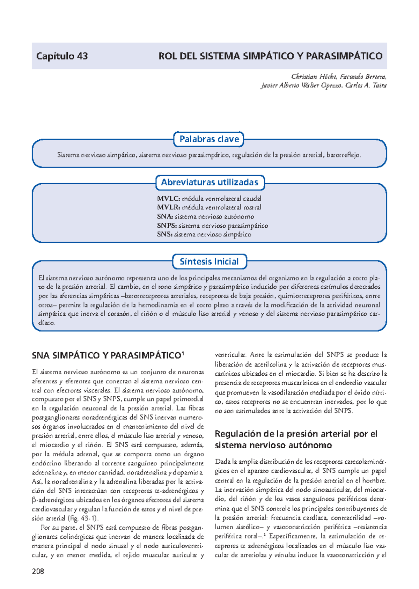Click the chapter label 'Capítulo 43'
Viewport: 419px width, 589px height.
click(62, 56)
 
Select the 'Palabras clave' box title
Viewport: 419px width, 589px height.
click(209, 139)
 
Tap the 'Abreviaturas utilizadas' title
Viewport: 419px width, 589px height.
click(209, 182)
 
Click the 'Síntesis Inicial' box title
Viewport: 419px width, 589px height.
click(209, 262)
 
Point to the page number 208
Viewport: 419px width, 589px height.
click(38, 572)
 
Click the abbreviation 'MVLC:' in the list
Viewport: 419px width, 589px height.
click(168, 199)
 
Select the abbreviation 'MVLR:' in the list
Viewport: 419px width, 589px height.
click(168, 207)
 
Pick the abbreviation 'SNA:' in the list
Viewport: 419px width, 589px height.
click(165, 216)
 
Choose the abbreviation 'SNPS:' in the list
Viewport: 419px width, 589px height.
click(167, 226)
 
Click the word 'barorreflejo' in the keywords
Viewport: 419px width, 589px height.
click(343, 155)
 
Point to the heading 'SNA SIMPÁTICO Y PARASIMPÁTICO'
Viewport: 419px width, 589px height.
click(106, 356)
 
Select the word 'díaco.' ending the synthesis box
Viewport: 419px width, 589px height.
click(46, 323)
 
